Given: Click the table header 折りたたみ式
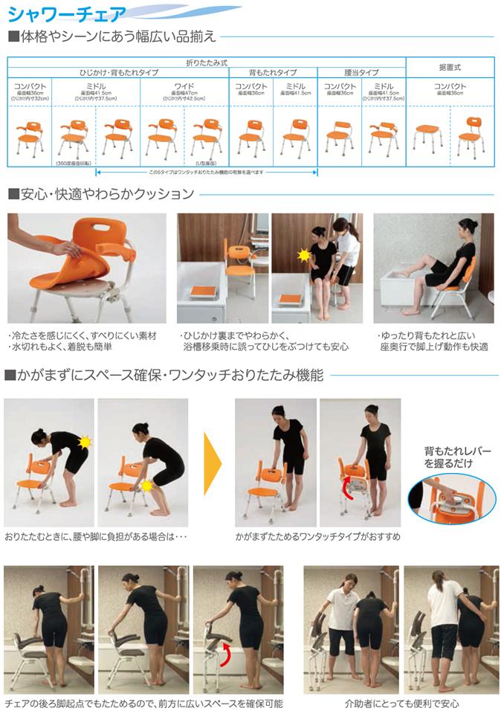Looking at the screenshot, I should coord(206,62).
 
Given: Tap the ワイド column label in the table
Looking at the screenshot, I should coord(184,86).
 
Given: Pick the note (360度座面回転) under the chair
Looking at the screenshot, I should coord(74,162).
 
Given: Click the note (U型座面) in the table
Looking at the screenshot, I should coord(206,162).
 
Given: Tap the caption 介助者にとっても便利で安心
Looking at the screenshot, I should coord(401,703).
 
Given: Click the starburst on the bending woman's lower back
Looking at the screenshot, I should coord(85,442).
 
